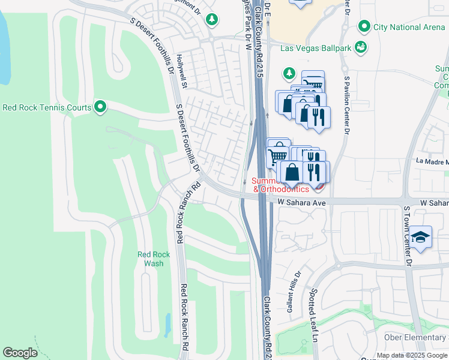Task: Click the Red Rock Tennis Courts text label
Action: tap(47, 108)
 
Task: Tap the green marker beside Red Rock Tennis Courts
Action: tap(100, 107)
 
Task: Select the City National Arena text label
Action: tap(409, 26)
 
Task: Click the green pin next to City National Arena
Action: tap(363, 26)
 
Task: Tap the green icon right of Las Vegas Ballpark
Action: tap(361, 47)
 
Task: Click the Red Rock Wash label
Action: tap(154, 259)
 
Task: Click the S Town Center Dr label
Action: tap(406, 236)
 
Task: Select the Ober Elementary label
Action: tap(413, 338)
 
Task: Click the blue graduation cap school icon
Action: tap(422, 237)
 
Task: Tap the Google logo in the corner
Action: tap(20, 353)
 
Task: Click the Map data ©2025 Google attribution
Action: tap(412, 355)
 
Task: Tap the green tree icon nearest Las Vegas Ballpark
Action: tap(289, 73)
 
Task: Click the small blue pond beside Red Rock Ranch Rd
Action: tap(167, 326)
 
